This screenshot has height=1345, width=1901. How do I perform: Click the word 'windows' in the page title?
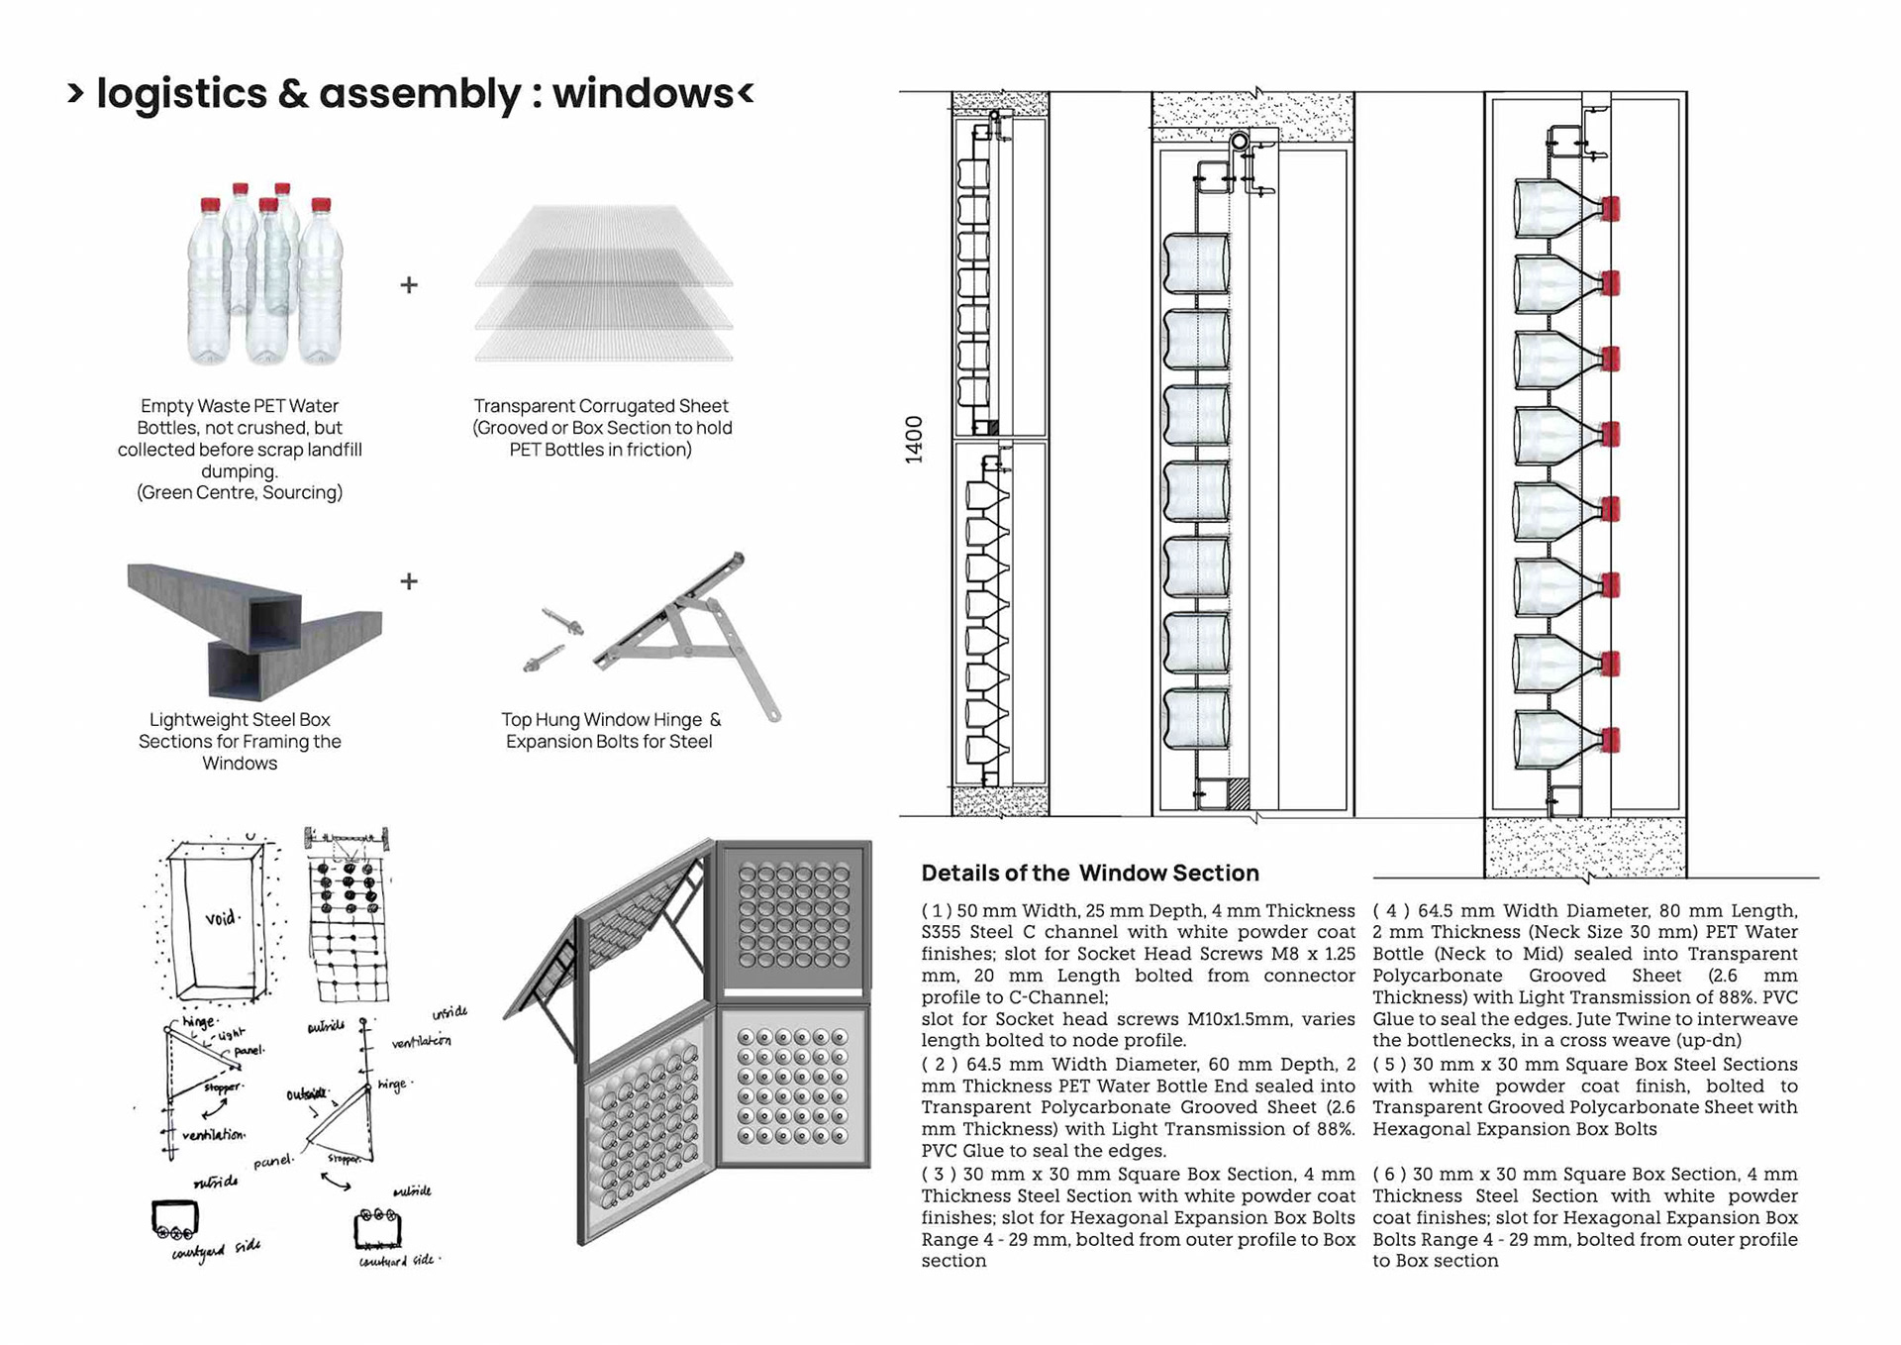[643, 93]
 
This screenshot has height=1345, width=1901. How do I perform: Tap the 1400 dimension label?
[914, 439]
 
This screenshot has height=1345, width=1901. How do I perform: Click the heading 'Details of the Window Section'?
[1090, 873]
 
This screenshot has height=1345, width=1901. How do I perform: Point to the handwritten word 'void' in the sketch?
[221, 917]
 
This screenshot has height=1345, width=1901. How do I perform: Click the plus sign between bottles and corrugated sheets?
[409, 285]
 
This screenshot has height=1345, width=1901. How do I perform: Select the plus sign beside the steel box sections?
[409, 580]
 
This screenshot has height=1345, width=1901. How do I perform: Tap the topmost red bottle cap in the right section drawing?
[1610, 208]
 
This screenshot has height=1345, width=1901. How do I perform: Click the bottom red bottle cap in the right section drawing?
[1610, 740]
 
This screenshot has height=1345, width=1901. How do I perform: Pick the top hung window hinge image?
[693, 634]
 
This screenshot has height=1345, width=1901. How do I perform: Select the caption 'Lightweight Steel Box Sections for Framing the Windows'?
[240, 741]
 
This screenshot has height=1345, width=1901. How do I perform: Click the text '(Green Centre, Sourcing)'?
[240, 492]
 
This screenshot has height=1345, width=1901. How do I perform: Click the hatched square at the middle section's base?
[1238, 793]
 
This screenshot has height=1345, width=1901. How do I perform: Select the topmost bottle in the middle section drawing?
[1196, 263]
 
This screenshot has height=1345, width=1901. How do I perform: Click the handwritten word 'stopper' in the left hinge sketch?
[221, 1088]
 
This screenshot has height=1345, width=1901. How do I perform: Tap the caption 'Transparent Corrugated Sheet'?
[601, 406]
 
